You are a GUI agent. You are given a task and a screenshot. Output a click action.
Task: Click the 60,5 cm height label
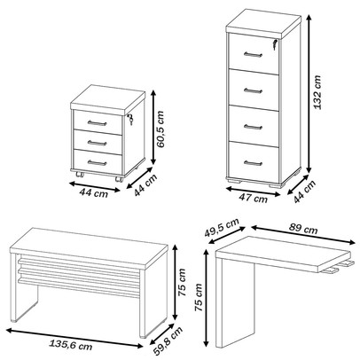coord(160,129)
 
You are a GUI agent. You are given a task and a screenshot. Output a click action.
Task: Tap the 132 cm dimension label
coord(317,92)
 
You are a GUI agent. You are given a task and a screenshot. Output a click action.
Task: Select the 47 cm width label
coord(253,198)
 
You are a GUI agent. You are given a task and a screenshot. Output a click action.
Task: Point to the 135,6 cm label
coord(70,344)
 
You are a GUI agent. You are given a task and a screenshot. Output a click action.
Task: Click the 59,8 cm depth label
coord(168,340)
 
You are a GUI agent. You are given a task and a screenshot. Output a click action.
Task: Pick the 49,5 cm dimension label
coord(222,227)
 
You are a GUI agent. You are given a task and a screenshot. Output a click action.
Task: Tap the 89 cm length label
coord(303,228)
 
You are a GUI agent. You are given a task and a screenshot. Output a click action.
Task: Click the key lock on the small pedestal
coord(130,119)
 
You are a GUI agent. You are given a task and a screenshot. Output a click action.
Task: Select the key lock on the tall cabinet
coord(275,44)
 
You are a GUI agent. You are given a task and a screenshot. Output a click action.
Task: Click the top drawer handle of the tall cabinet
coord(253,55)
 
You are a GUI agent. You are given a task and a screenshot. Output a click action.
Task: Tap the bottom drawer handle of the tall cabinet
coord(253,162)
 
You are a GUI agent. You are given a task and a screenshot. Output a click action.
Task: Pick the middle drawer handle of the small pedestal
coord(97,143)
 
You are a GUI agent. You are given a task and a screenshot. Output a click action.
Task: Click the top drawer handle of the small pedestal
coord(97,123)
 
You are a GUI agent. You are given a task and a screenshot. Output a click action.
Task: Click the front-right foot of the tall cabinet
coord(273,184)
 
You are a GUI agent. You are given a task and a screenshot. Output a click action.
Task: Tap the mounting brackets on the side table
coord(337,267)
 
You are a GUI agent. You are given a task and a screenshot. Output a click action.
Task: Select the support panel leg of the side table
coord(235,301)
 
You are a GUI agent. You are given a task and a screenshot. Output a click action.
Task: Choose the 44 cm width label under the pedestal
coord(94,193)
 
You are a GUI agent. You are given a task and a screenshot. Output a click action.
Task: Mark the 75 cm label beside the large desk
coord(182,282)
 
